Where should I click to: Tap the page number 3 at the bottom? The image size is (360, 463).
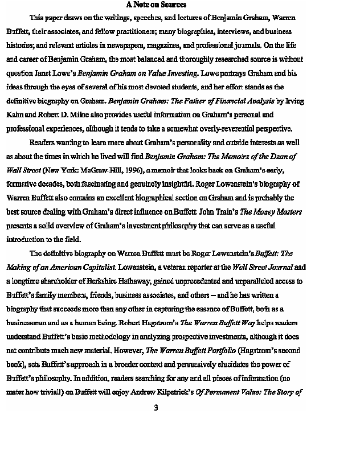click(156, 408)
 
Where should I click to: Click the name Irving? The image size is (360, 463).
click(293, 101)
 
